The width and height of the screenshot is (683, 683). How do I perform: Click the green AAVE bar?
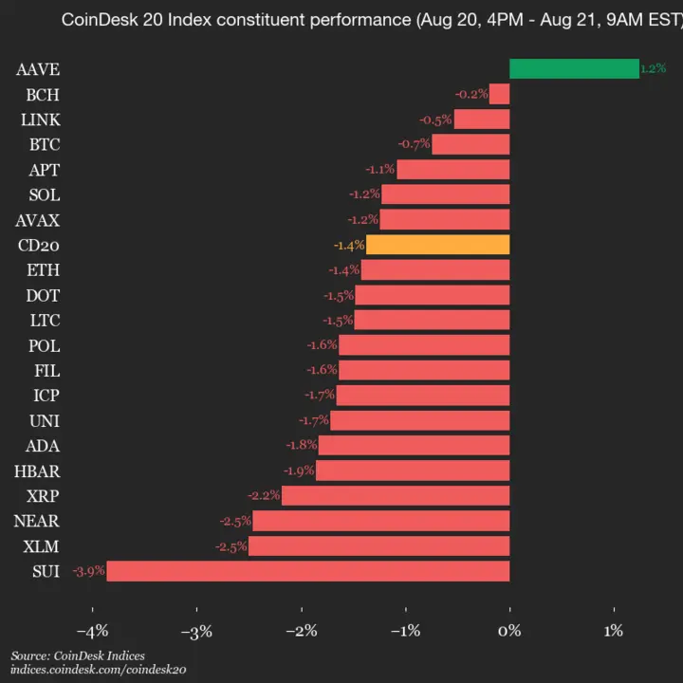(574, 68)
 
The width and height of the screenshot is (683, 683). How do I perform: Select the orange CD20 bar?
(438, 245)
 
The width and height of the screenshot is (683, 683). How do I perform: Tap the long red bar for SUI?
(308, 570)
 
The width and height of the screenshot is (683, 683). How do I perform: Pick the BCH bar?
(500, 94)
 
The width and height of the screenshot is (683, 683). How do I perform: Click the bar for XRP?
(397, 495)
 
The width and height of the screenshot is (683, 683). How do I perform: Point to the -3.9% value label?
(88, 571)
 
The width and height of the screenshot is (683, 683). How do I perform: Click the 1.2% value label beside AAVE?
(653, 68)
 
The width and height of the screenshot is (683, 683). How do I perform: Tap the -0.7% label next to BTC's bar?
(414, 144)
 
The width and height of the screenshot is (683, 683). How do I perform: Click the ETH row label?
(43, 270)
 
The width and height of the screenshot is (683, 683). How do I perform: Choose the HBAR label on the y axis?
(37, 471)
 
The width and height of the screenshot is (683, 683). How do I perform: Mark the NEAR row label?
(37, 521)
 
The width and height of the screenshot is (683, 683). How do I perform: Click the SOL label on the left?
(44, 194)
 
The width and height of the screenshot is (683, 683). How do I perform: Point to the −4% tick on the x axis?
(91, 630)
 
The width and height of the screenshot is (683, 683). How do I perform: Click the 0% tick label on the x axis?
(510, 630)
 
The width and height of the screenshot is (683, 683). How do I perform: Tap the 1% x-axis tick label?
(614, 630)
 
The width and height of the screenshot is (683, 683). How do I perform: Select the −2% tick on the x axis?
(301, 630)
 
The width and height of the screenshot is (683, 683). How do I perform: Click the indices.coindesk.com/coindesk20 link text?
(98, 669)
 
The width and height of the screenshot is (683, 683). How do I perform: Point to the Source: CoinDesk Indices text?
(78, 655)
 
